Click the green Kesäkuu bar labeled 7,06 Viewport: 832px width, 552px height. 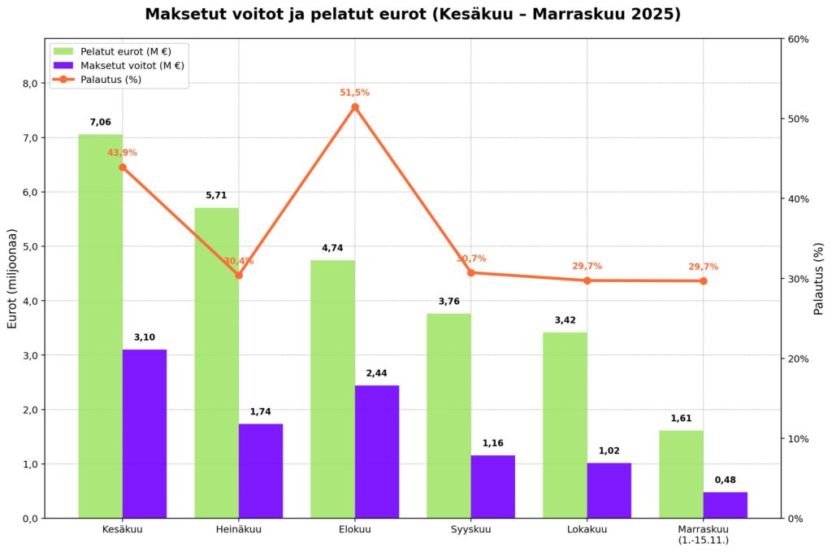[100, 325]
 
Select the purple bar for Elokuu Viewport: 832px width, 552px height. [377, 451]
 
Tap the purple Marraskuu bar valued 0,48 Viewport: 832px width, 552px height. [725, 505]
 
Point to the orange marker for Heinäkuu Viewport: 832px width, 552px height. [239, 275]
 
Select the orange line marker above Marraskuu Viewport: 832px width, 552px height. [703, 281]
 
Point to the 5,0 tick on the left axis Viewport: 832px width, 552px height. [29, 246]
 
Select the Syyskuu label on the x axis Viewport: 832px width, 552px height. [471, 529]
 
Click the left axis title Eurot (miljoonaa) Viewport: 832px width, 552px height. [12, 278]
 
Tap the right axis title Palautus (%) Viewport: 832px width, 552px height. [819, 278]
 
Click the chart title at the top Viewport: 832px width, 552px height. [413, 15]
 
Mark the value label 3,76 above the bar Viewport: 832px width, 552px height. [448, 302]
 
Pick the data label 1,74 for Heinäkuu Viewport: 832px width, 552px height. [260, 412]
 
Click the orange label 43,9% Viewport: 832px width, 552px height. [122, 153]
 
